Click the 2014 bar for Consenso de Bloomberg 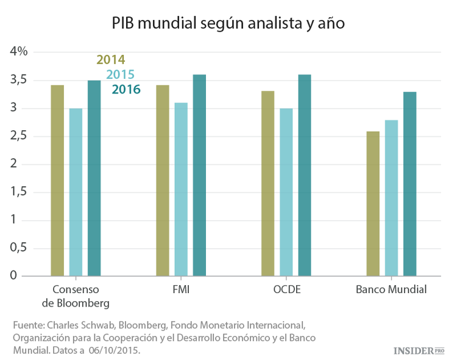coord(57,180)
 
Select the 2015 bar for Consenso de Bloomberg coord(76,192)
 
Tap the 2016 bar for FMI coord(199,175)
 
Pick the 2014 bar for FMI coord(163,180)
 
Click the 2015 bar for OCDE coord(286,192)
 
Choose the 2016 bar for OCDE coord(305,175)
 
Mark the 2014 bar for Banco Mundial coord(373,203)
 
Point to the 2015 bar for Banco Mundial coord(391,198)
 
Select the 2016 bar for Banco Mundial coord(410,184)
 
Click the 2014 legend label coord(110,60)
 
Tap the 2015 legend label coord(120,75)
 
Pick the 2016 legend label coord(126,90)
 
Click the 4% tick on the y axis coord(19,52)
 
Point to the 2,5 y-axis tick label coord(19,136)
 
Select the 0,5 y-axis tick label coord(19,247)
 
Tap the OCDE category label coord(286,289)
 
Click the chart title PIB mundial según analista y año coord(228,24)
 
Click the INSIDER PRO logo coord(419,351)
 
